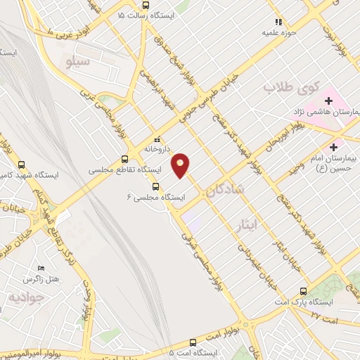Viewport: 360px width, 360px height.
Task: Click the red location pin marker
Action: tap(181, 165)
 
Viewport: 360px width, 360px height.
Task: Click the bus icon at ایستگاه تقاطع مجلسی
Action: tap(124, 159)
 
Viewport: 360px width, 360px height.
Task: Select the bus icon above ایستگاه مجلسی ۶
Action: tap(155, 186)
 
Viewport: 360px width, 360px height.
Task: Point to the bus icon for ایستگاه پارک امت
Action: tap(304, 291)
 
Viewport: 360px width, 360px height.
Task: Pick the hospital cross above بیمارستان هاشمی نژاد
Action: tap(328, 101)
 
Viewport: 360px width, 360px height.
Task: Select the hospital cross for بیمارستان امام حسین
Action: tap(333, 148)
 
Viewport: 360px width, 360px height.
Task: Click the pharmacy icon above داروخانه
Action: tap(157, 139)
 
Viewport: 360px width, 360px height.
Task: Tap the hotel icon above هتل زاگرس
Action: tap(40, 269)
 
